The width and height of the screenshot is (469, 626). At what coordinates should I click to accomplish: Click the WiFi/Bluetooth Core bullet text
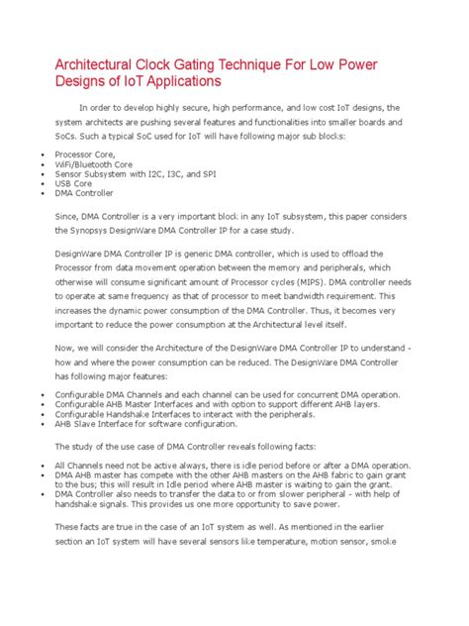(97, 164)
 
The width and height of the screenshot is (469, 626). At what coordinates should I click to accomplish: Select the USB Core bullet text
(75, 183)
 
